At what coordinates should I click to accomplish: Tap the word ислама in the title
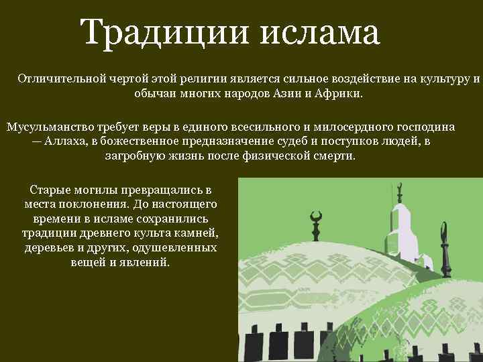pyautogui.click(x=319, y=34)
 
